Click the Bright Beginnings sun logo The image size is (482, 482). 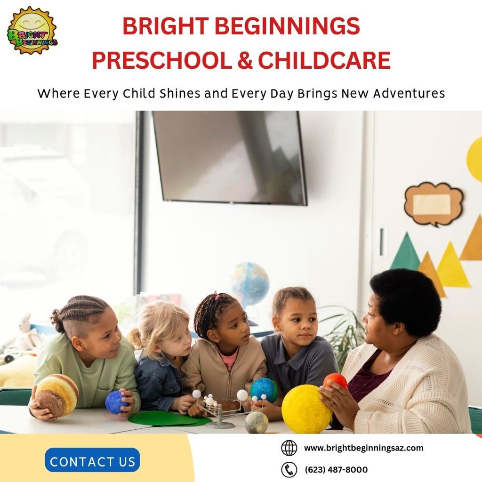(x=32, y=30)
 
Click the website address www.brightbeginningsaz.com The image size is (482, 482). (x=363, y=448)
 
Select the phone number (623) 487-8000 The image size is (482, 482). (x=336, y=470)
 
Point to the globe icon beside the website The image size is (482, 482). (x=289, y=448)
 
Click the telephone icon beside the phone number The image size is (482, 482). (x=289, y=469)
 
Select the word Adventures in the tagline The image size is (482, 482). (x=409, y=94)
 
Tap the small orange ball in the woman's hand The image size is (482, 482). (x=335, y=380)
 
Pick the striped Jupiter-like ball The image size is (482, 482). (x=57, y=395)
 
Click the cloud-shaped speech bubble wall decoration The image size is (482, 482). (x=433, y=204)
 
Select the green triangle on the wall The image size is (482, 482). (x=405, y=253)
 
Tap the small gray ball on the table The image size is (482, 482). (x=257, y=422)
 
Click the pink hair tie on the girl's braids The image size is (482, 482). (x=217, y=297)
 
